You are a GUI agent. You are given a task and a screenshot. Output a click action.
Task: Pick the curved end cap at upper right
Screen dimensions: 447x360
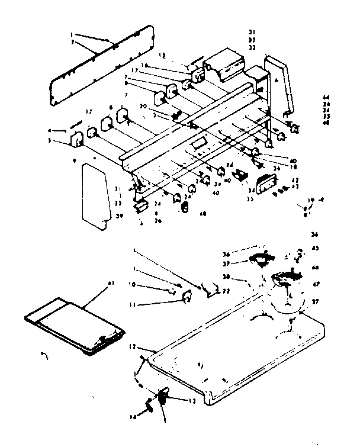point(282,83)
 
